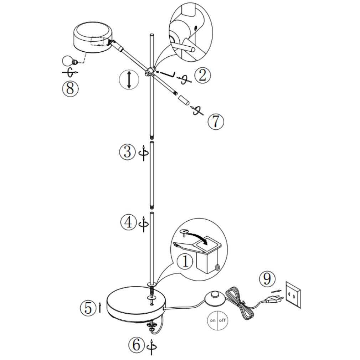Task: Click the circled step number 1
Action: pos(185,261)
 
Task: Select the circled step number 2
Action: pos(202,75)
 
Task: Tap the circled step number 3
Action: pos(127,152)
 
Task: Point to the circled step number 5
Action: pos(88,308)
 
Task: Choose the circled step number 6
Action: pos(137,344)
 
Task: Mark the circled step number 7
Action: pos(216,122)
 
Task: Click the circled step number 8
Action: pos(70,88)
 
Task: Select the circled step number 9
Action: pos(267,279)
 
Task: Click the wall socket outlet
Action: pos(293,295)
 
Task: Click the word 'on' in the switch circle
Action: pos(212,320)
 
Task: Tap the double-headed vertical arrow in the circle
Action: pos(129,80)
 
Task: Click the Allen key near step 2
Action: pos(168,74)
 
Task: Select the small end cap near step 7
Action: pos(184,100)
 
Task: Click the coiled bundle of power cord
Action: pos(240,303)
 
